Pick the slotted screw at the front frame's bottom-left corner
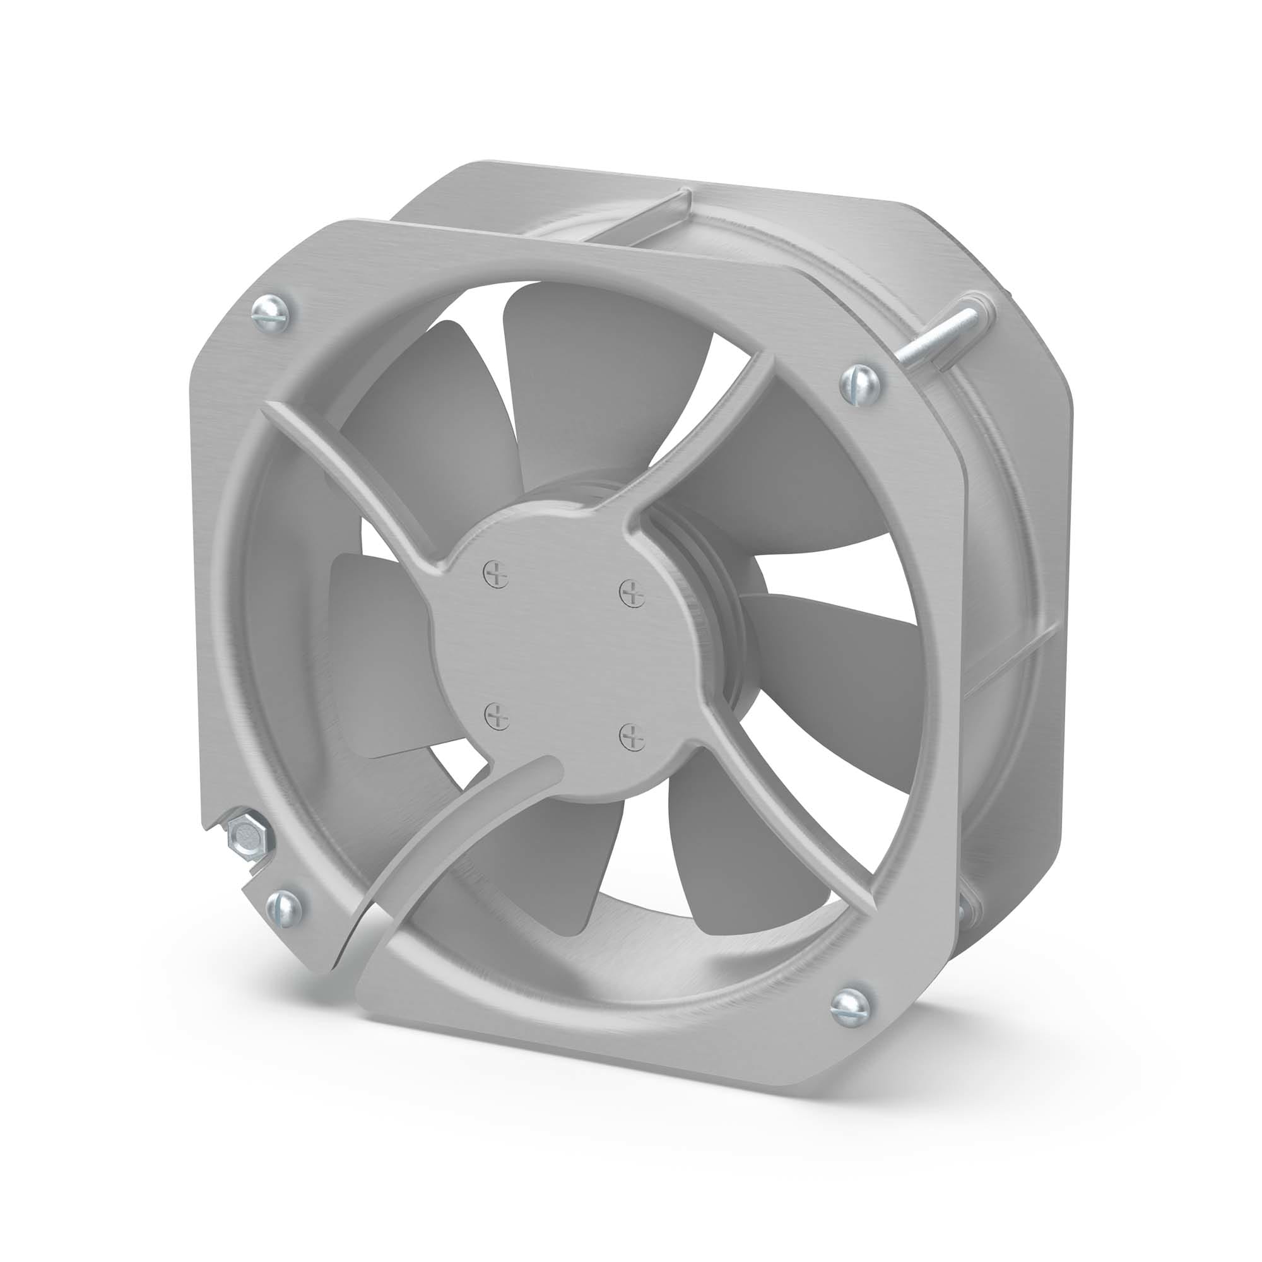[285, 906]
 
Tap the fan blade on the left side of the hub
[379, 653]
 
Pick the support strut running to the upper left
[353, 470]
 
